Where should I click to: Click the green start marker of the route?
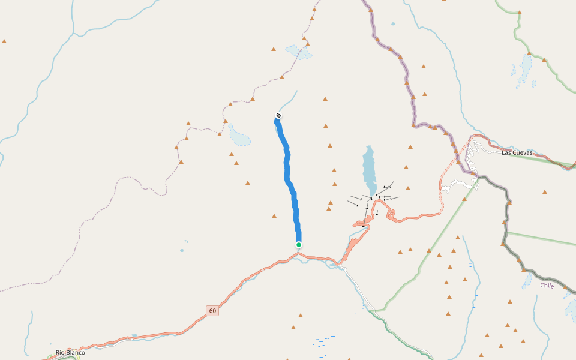tap(298, 244)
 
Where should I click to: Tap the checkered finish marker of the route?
tap(278, 115)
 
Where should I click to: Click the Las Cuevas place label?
tap(517, 152)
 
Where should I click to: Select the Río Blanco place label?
tap(70, 352)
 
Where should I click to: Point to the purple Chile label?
tap(547, 286)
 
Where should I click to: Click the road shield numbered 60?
tap(212, 311)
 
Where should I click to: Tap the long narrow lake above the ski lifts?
tap(369, 168)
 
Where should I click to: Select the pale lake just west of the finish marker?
tap(239, 137)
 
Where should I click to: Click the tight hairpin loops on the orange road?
tap(391, 214)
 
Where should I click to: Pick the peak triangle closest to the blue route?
tap(274, 215)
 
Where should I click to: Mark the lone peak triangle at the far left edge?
tap(4, 41)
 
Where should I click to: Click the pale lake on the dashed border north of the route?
tap(299, 52)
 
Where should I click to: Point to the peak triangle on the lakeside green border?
tap(544, 59)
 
